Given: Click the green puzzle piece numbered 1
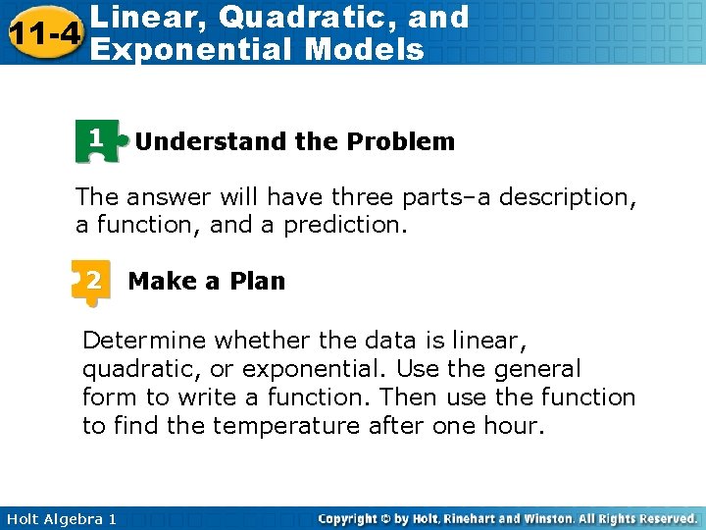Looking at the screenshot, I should click(x=97, y=140).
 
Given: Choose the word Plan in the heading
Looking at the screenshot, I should click(x=258, y=281).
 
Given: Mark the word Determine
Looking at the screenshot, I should click(x=144, y=341).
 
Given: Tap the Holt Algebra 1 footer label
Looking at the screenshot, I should click(x=60, y=518).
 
